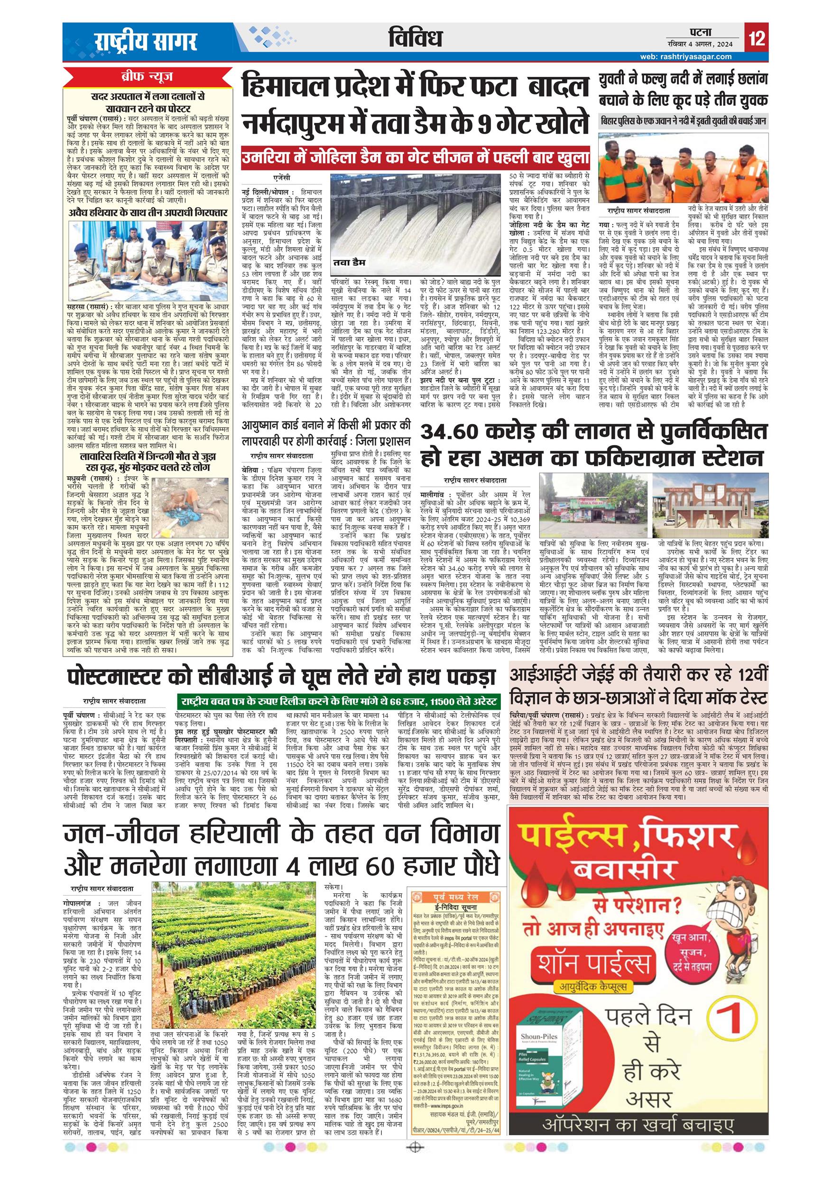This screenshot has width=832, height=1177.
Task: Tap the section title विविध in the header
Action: (x=415, y=38)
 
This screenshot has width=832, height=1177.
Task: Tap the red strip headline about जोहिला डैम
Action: (x=416, y=158)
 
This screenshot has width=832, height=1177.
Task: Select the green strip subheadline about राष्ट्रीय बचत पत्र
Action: (x=339, y=702)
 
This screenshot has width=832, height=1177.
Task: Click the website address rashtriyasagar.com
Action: (x=687, y=56)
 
